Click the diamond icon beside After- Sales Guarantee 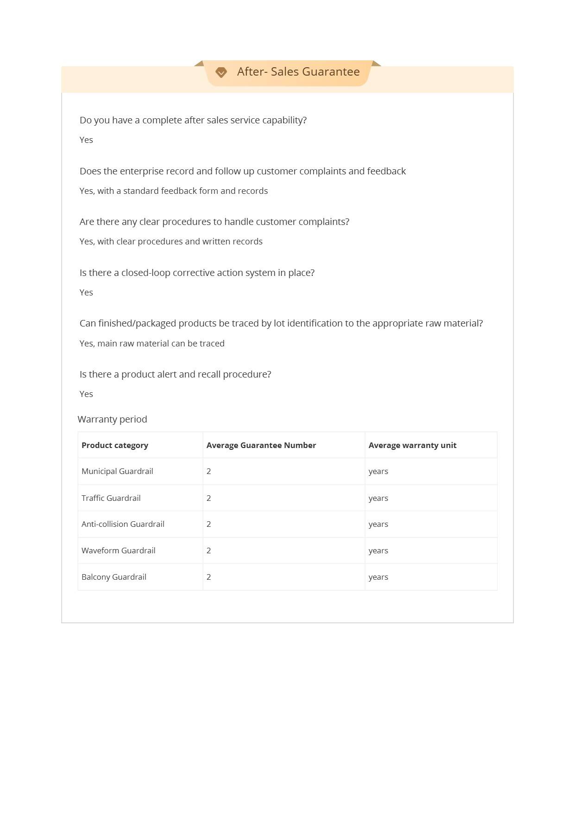coord(221,72)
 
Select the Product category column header coord(115,445)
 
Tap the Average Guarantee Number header coord(261,445)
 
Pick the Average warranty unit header coord(412,445)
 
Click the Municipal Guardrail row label coord(117,471)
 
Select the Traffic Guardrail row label coord(111,498)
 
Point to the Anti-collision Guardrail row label coord(123,524)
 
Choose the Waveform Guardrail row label coord(119,551)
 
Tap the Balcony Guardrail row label coord(114,577)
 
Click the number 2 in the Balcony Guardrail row coord(209,577)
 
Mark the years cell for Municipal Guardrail coord(378,471)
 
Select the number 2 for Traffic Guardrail coord(209,498)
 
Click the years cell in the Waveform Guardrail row coord(378,551)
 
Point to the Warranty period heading coord(113,419)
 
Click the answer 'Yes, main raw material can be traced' coord(152,344)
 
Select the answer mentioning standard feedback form coord(174,191)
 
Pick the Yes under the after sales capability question coord(86,140)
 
